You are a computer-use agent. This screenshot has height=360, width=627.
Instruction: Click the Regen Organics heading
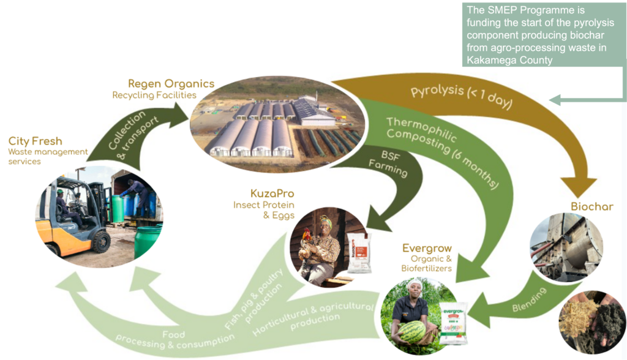pos(171,84)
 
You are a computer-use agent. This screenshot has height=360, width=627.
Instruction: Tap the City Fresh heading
pos(35,141)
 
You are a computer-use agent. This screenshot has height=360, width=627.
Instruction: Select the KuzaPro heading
pos(272,193)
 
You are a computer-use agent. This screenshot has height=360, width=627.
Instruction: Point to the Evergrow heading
pos(427,249)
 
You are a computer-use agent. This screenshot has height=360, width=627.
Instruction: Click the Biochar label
pos(592,206)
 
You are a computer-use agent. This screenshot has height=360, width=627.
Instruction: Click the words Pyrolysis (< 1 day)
pos(462,96)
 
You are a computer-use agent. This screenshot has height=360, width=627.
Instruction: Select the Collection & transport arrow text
pos(133,135)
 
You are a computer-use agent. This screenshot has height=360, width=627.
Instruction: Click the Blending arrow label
pos(529,299)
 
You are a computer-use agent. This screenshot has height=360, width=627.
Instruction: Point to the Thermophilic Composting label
pos(442,152)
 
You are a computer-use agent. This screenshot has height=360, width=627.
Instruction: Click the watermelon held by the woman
pos(412,332)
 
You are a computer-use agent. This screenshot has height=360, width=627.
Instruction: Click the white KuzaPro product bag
pos(359,253)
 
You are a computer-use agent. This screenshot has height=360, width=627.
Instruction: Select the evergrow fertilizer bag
pos(453,324)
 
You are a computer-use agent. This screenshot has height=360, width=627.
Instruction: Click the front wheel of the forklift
pos(101,242)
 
